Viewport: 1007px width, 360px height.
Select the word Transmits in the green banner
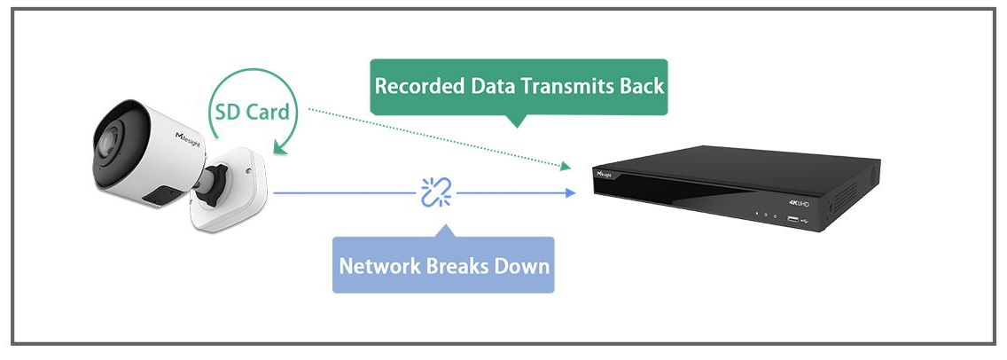562,87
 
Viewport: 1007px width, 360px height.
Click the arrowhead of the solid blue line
569,192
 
